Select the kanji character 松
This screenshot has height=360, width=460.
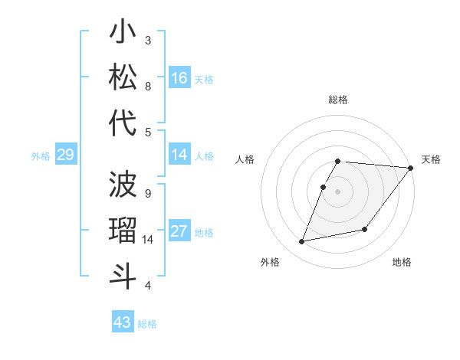coord(123,78)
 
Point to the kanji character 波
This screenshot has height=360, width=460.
coord(123,185)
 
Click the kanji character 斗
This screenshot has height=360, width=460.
coord(123,276)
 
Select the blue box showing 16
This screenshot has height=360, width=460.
coord(179,78)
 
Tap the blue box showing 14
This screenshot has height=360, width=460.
coord(179,155)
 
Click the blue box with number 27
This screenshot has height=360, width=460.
coord(179,232)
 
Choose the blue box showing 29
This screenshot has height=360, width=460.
coord(65,155)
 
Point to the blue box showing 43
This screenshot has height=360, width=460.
coord(123,322)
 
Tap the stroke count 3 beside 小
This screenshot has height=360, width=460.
coord(148,40)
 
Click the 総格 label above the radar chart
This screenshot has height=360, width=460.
coord(338,100)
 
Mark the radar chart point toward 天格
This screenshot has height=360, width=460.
coord(411,169)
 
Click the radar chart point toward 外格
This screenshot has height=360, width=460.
coord(302,242)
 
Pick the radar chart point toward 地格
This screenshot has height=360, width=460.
coord(366,229)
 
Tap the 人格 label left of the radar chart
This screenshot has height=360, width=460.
coord(245,159)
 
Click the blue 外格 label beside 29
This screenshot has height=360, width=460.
coord(41,156)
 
